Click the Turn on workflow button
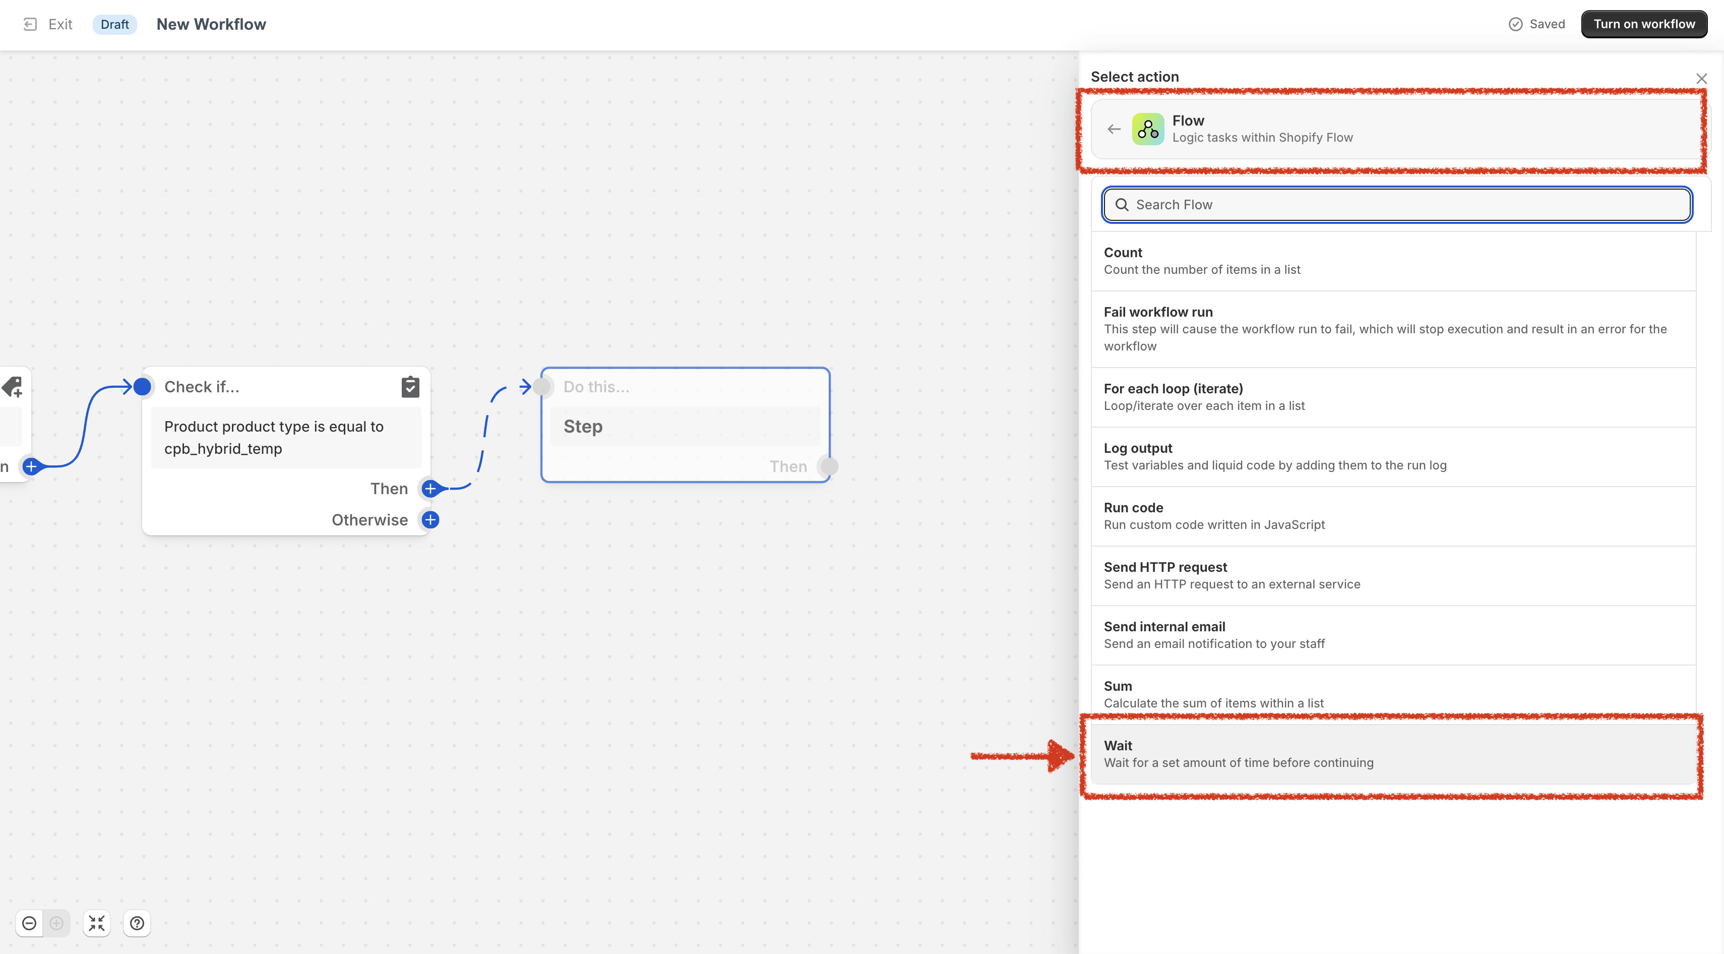(1644, 24)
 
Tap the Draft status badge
(114, 24)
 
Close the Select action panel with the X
(1701, 78)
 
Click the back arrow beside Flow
(1114, 129)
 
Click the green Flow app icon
(1148, 129)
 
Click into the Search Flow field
(1397, 205)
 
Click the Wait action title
(1118, 745)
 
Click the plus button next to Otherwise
(430, 520)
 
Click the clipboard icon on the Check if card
(410, 386)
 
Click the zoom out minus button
(29, 923)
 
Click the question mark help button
(137, 923)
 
